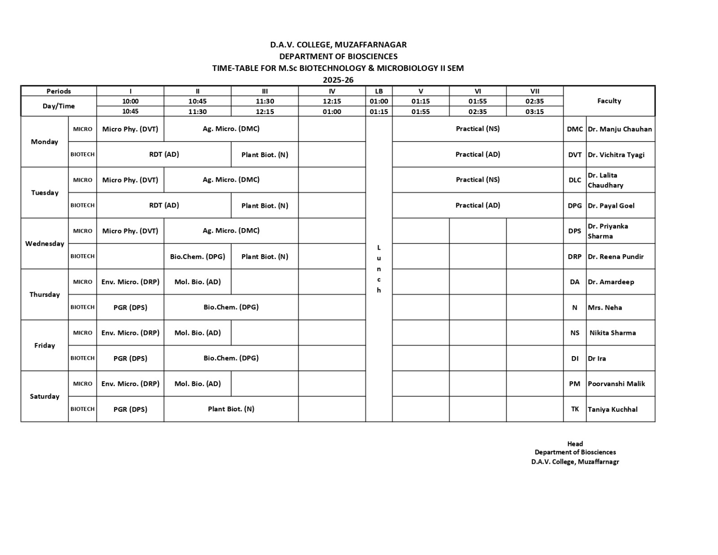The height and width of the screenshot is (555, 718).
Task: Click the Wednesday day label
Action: (44, 243)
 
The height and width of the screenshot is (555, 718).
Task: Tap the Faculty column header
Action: (609, 101)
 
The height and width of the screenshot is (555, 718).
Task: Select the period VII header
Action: (534, 91)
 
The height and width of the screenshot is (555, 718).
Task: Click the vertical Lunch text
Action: (379, 269)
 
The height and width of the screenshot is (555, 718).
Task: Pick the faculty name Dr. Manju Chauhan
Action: (620, 129)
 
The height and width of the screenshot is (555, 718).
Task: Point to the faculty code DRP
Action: (574, 256)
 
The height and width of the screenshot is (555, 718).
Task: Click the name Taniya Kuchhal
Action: (613, 409)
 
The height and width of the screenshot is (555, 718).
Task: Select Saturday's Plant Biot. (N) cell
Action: (231, 409)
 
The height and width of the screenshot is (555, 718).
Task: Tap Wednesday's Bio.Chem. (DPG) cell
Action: (197, 256)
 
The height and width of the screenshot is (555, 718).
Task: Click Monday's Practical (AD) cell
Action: (477, 154)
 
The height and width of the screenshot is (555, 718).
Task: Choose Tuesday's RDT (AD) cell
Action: (164, 205)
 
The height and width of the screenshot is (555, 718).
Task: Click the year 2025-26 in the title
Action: (338, 80)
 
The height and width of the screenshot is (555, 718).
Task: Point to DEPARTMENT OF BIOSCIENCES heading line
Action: (338, 57)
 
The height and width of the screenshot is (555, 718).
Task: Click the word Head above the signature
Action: (575, 444)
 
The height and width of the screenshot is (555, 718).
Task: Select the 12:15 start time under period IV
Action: (332, 101)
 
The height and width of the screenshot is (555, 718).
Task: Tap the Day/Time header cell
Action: (58, 106)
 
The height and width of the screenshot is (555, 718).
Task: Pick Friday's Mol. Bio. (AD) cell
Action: (197, 333)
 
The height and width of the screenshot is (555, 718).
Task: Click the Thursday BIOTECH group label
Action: (83, 307)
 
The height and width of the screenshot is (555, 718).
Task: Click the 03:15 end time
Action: (534, 112)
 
